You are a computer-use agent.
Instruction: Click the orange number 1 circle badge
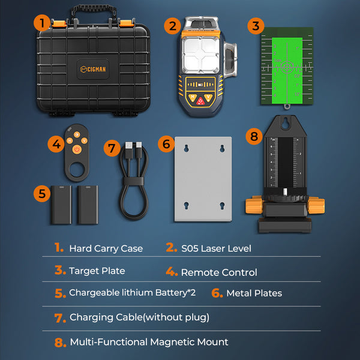[41, 23]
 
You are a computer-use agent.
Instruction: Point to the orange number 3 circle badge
[256, 26]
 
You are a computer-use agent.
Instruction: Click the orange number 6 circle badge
[167, 144]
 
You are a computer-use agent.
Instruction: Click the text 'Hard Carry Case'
[106, 248]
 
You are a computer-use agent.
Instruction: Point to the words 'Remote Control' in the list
[219, 272]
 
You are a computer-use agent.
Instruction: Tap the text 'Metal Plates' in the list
[254, 293]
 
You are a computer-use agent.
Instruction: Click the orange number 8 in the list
[59, 343]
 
